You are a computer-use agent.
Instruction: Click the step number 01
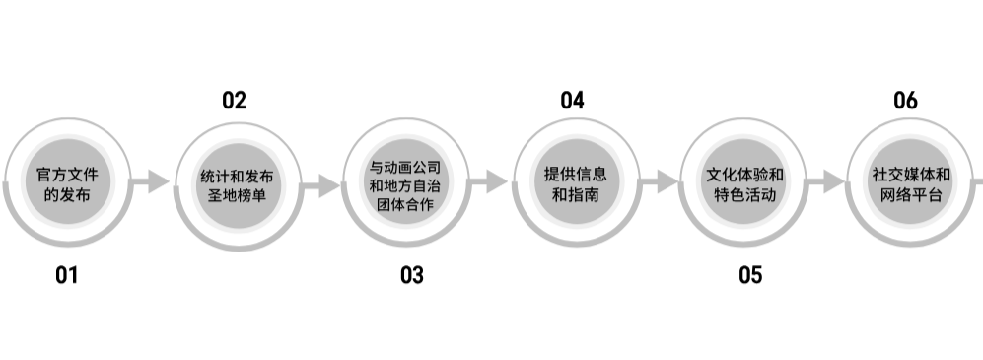[66, 275]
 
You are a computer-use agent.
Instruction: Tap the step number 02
[234, 100]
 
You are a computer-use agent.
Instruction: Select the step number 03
[411, 275]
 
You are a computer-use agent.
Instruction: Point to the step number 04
[573, 100]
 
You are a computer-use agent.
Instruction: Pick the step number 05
[750, 275]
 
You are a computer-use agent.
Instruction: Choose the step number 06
[905, 100]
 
